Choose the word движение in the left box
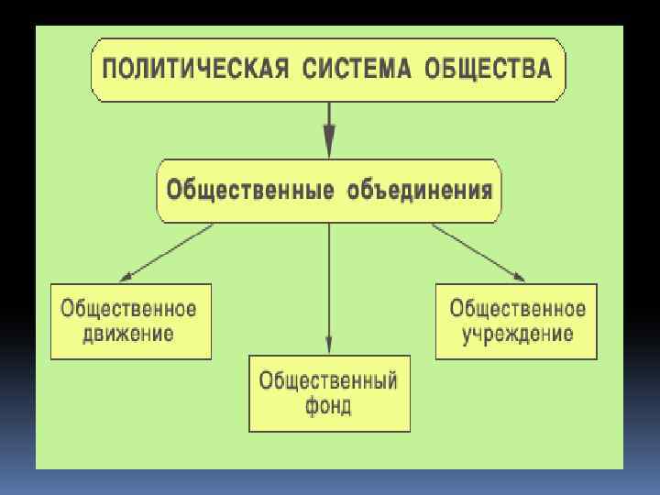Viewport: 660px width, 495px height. pyautogui.click(x=129, y=332)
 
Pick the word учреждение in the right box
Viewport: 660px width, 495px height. pyautogui.click(x=517, y=332)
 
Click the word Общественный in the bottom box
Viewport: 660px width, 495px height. pyautogui.click(x=328, y=380)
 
